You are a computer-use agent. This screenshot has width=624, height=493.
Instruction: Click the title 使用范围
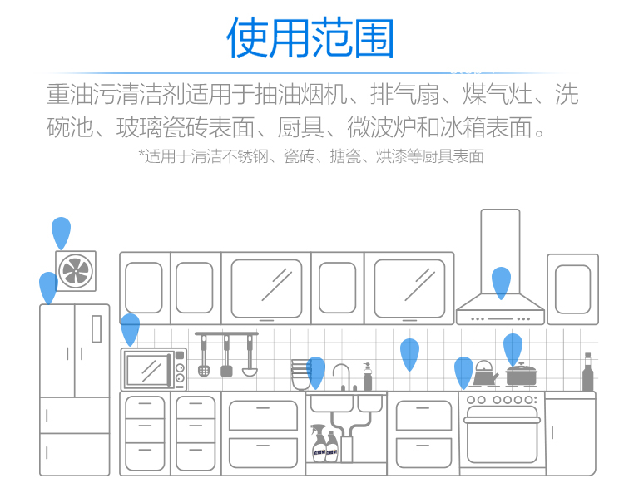pyautogui.click(x=310, y=37)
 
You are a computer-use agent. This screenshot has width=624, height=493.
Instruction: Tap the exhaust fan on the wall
pyautogui.click(x=76, y=271)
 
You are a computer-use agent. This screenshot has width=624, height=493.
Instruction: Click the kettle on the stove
pyautogui.click(x=484, y=373)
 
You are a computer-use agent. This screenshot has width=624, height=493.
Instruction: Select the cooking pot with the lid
pyautogui.click(x=521, y=374)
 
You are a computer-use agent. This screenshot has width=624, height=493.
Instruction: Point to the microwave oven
pyautogui.click(x=154, y=369)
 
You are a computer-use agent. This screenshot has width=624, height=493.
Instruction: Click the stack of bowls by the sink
pyautogui.click(x=301, y=374)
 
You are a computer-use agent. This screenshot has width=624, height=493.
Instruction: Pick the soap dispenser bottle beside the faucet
pyautogui.click(x=367, y=377)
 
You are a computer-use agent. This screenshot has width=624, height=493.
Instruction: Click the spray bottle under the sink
pyautogui.click(x=319, y=442)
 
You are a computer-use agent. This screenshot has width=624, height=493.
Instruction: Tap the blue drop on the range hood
pyautogui.click(x=501, y=283)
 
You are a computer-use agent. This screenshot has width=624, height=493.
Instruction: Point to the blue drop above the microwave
pyautogui.click(x=130, y=329)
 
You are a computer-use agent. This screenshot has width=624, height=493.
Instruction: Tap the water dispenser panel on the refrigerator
pyautogui.click(x=97, y=328)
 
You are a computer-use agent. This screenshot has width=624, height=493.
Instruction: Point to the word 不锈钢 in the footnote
pyautogui.click(x=245, y=156)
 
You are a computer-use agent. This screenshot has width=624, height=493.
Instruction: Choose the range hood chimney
pyautogui.click(x=500, y=252)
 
